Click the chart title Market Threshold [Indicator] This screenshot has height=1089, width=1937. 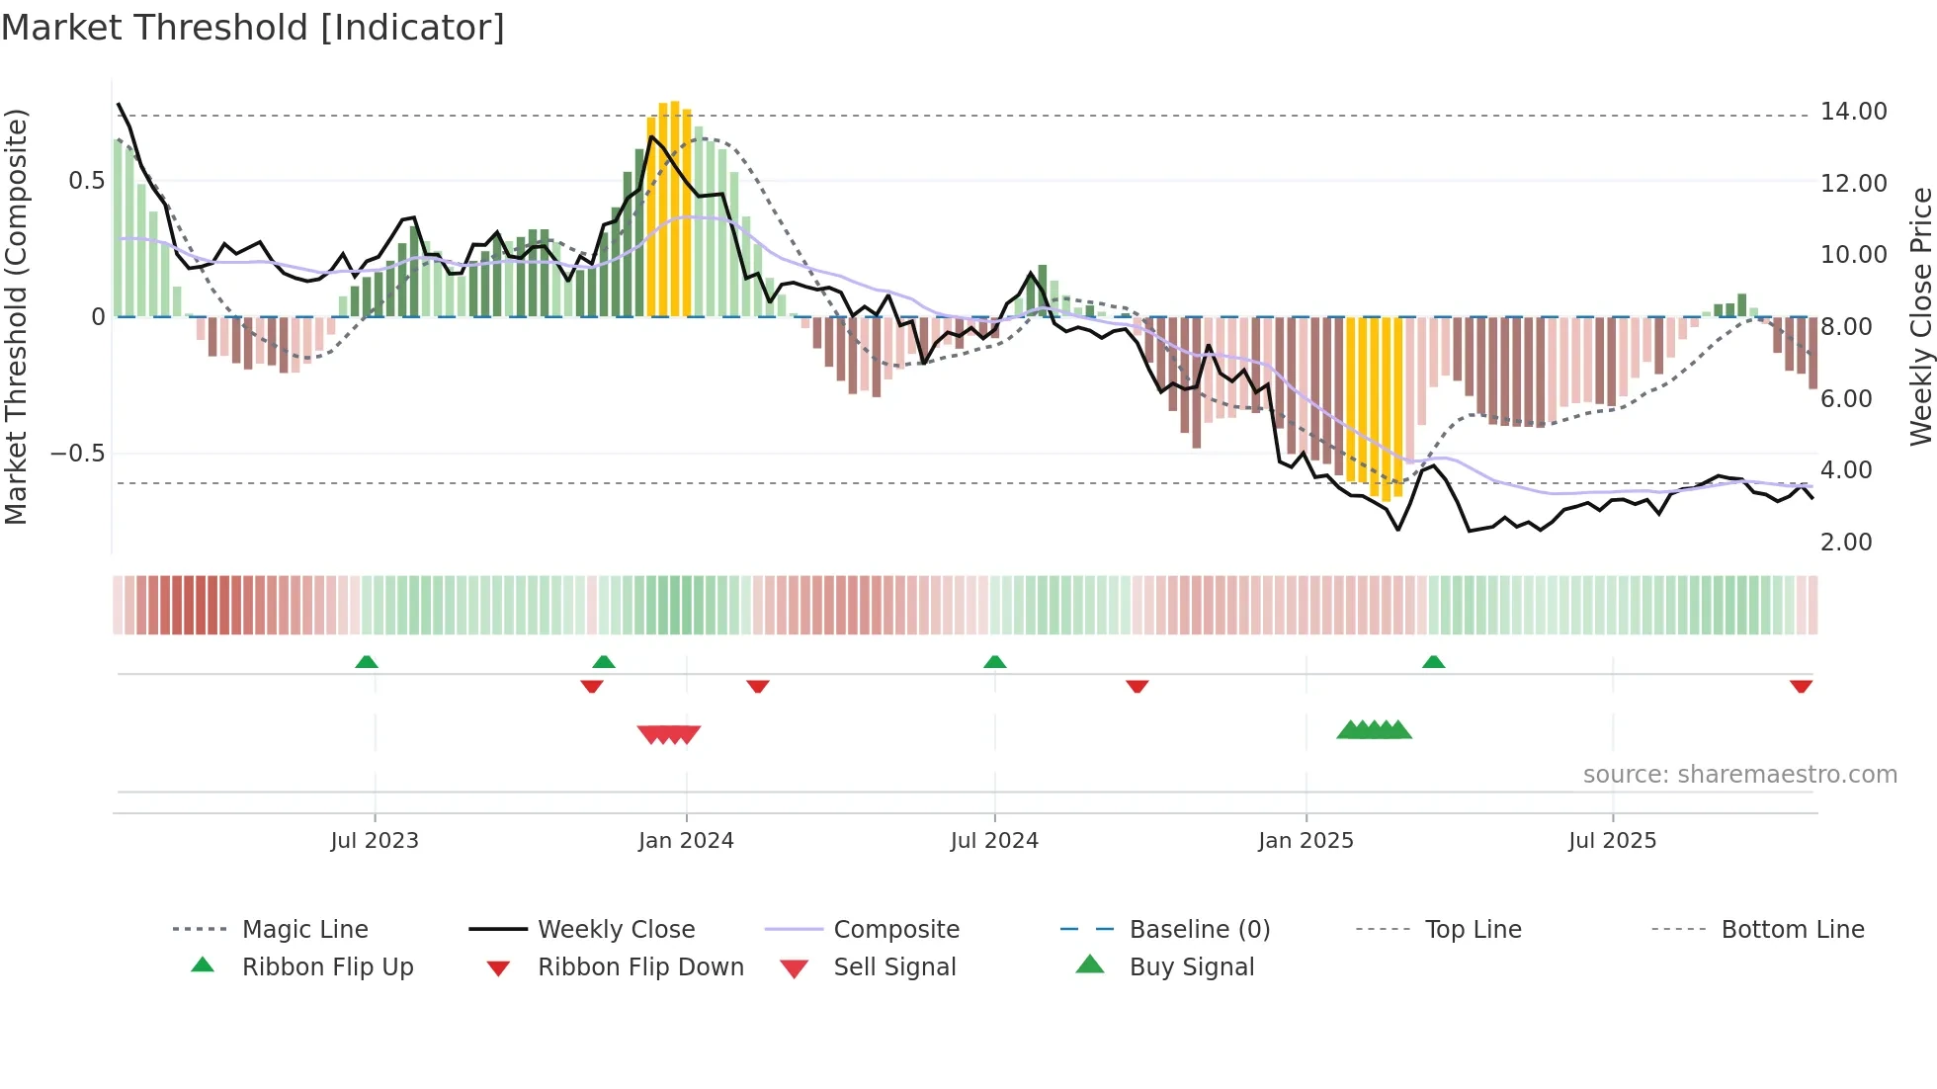coord(253,28)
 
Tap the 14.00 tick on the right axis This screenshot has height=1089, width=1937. coord(1853,112)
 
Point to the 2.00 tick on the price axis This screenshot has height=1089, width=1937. coord(1845,543)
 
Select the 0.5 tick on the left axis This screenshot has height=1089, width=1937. coord(86,181)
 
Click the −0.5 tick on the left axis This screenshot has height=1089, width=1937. coord(77,454)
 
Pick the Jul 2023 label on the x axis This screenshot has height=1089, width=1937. coord(375,841)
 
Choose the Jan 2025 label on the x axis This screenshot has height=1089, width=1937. coord(1305,841)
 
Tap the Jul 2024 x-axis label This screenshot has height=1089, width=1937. coord(994,841)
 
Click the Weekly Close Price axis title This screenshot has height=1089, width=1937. coord(1920,316)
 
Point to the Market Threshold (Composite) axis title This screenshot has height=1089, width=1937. coord(16,316)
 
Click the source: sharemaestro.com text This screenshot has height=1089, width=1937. coord(1739,775)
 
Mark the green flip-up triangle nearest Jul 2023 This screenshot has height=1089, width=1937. coord(367,662)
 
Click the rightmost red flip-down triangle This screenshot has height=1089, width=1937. coord(1801,686)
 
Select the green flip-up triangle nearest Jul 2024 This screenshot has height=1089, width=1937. coord(995,662)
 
